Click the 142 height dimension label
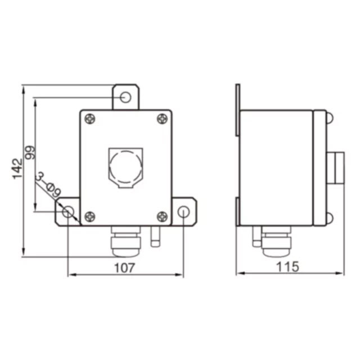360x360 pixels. pyautogui.click(x=17, y=169)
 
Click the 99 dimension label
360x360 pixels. pyautogui.click(x=30, y=152)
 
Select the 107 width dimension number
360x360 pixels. pyautogui.click(x=124, y=268)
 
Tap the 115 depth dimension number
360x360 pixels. pyautogui.click(x=287, y=267)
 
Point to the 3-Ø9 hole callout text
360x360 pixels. pyautogui.click(x=49, y=185)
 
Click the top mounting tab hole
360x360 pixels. pyautogui.click(x=125, y=97)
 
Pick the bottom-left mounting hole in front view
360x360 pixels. pyautogui.click(x=68, y=211)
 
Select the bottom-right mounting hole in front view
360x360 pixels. pyautogui.click(x=183, y=211)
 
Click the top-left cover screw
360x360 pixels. pyautogui.click(x=90, y=119)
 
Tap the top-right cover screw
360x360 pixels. pyautogui.click(x=162, y=119)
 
